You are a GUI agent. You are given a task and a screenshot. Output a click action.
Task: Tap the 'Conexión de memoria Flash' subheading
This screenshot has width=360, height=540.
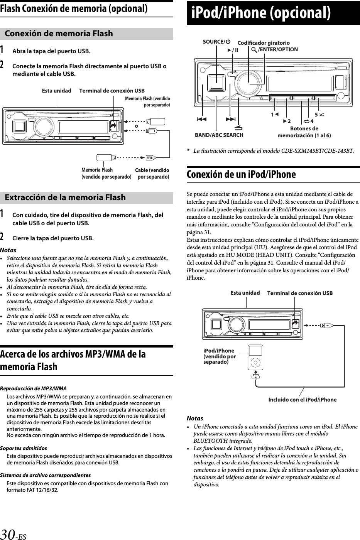pyautogui.click(x=59, y=34)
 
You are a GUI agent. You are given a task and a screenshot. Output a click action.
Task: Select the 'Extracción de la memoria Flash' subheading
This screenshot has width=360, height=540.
pyautogui.click(x=65, y=197)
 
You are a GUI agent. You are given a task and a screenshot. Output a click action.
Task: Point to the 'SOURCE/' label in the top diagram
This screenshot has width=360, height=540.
pyautogui.click(x=216, y=42)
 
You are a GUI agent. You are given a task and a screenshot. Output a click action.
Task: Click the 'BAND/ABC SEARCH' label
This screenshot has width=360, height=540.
pyautogui.click(x=219, y=135)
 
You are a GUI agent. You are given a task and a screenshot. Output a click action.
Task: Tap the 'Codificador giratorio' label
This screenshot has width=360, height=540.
pyautogui.click(x=264, y=43)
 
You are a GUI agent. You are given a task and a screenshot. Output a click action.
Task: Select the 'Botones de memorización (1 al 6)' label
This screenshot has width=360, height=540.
pyautogui.click(x=304, y=132)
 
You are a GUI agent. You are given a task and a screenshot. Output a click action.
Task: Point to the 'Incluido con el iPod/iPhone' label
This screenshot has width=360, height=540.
pyautogui.click(x=302, y=400)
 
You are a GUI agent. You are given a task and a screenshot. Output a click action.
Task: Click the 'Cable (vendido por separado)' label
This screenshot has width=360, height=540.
pyautogui.click(x=152, y=174)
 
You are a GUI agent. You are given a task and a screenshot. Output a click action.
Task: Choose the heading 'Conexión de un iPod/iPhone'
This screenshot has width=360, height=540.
pyautogui.click(x=241, y=175)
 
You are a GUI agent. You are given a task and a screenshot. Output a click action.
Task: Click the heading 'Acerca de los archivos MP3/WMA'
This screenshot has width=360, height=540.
pyautogui.click(x=73, y=360)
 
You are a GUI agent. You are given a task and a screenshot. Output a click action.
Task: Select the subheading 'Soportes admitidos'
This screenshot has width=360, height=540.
pyautogui.click(x=24, y=448)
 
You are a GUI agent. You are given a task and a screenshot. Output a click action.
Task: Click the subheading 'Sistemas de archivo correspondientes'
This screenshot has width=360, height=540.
pyautogui.click(x=46, y=475)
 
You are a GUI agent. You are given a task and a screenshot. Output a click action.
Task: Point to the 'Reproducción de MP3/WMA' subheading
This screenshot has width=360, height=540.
pyautogui.click(x=33, y=388)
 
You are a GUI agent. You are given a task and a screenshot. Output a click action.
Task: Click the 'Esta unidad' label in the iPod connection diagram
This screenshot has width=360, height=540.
pyautogui.click(x=245, y=293)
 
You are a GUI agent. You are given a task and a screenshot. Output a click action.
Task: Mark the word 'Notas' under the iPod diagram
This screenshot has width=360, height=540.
pyautogui.click(x=195, y=418)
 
